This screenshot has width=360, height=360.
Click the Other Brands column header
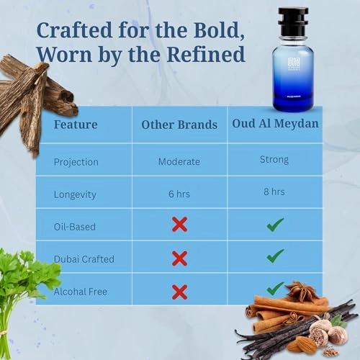(179, 125)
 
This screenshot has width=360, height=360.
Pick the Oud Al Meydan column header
(275, 124)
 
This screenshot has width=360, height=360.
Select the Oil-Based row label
(75, 226)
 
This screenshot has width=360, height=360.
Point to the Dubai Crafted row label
(84, 258)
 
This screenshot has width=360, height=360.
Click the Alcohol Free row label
(81, 291)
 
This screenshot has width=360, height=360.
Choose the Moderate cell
(179, 161)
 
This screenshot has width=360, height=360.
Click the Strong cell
(274, 160)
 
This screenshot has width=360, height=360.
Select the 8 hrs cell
(274, 192)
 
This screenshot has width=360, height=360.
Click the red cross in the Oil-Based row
(180, 225)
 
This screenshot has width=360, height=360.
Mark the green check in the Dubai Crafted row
(275, 256)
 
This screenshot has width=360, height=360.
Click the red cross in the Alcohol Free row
(180, 292)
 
